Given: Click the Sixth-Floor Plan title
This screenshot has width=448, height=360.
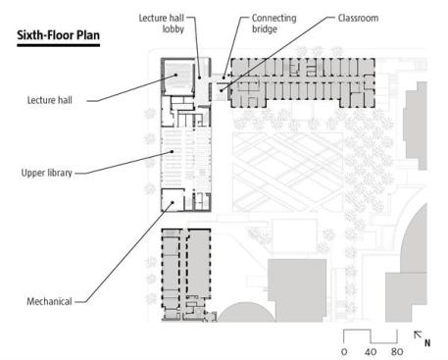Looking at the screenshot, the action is pyautogui.click(x=58, y=35).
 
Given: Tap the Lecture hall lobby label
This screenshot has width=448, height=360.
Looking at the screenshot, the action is pyautogui.click(x=162, y=24).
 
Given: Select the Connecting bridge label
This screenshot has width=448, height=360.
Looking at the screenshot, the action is pyautogui.click(x=274, y=24).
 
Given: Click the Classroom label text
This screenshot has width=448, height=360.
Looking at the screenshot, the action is pyautogui.click(x=358, y=18).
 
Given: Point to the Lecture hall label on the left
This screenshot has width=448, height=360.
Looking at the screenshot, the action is pyautogui.click(x=50, y=100).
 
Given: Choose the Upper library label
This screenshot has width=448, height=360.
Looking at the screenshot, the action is pyautogui.click(x=47, y=173).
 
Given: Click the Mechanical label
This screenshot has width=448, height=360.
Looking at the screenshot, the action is pyautogui.click(x=49, y=301).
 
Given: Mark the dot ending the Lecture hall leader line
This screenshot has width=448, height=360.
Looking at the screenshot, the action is pyautogui.click(x=175, y=75).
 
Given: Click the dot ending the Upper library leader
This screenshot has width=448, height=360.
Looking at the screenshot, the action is pyautogui.click(x=172, y=151).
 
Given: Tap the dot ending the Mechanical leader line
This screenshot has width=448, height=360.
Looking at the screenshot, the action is pyautogui.click(x=173, y=202).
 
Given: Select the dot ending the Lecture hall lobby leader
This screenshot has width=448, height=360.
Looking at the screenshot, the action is pyautogui.click(x=199, y=77).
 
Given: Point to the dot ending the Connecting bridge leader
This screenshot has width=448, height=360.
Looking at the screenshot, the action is pyautogui.click(x=224, y=77).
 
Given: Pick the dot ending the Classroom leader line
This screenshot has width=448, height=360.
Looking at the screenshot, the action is pyautogui.click(x=222, y=90).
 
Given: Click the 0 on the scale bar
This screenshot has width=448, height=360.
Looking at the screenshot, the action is pyautogui.click(x=344, y=352).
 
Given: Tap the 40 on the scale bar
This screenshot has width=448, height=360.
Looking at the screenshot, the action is pyautogui.click(x=371, y=352).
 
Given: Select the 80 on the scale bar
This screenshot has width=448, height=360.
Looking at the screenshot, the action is pyautogui.click(x=397, y=352).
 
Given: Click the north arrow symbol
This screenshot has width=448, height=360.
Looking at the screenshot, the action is pyautogui.click(x=418, y=335).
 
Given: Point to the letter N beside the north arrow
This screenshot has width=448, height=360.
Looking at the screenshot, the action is pyautogui.click(x=427, y=342).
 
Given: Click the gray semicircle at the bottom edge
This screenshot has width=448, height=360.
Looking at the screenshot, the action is pyautogui.click(x=247, y=312).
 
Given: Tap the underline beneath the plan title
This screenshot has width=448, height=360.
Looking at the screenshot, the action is pyautogui.click(x=58, y=45).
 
